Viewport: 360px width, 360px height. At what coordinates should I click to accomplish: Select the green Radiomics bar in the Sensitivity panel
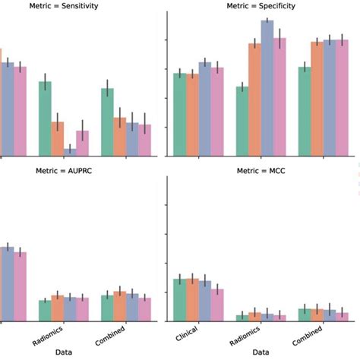click(x=45, y=118)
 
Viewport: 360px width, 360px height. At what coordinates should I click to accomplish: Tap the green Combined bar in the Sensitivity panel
click(x=108, y=122)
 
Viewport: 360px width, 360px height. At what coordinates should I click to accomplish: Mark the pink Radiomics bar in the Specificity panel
click(x=279, y=97)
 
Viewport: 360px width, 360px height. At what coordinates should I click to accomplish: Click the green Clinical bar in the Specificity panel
click(x=179, y=115)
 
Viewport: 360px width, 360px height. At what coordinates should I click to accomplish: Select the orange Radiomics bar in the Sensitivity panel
click(x=58, y=139)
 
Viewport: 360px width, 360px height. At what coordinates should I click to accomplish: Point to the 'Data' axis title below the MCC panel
click(x=260, y=352)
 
